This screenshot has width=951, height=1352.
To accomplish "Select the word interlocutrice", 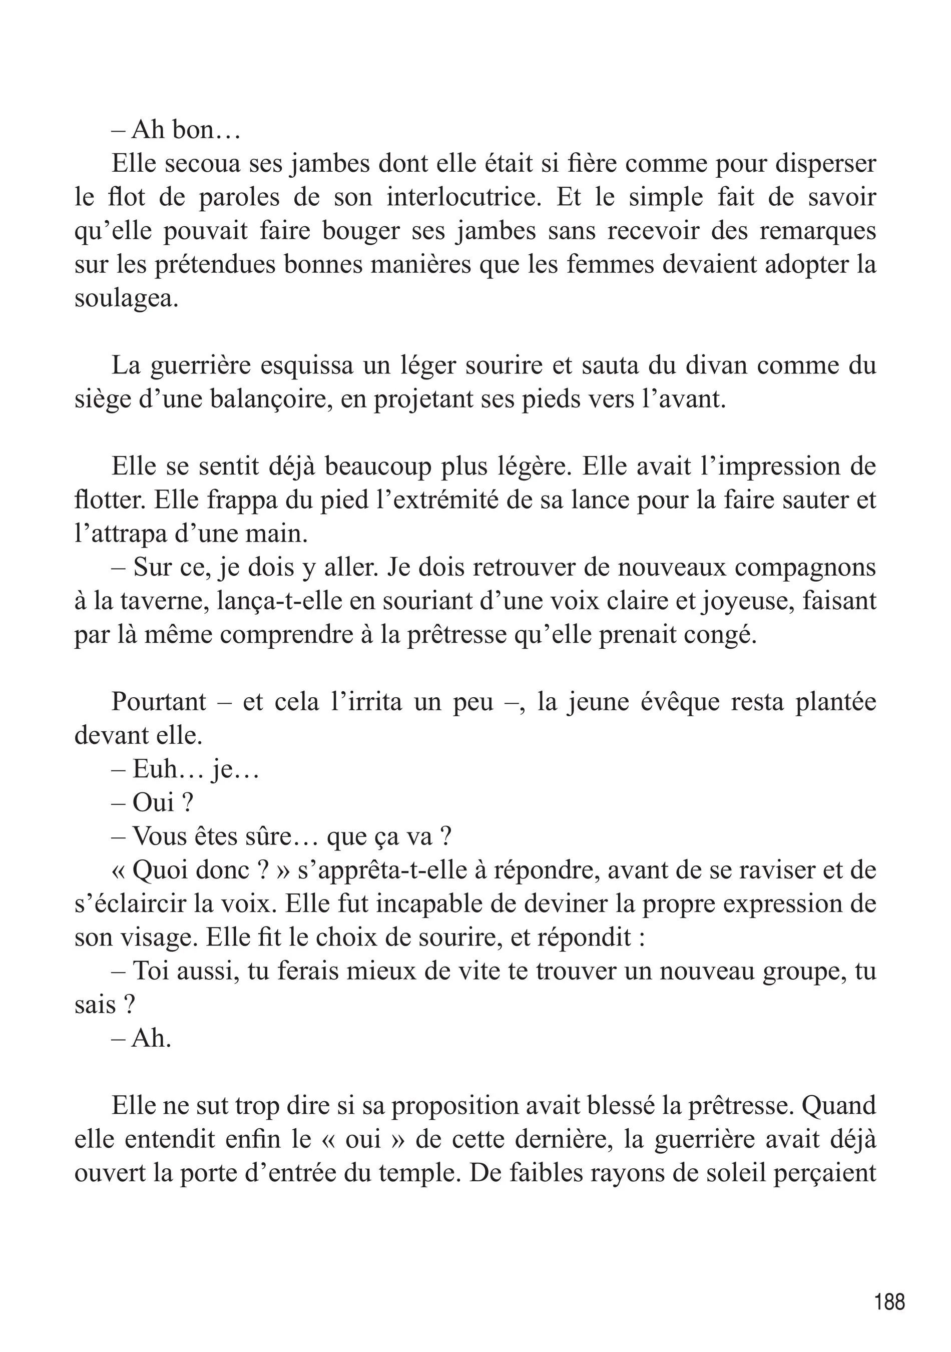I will coord(463,197).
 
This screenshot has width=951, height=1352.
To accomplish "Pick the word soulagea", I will coord(126,298).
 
